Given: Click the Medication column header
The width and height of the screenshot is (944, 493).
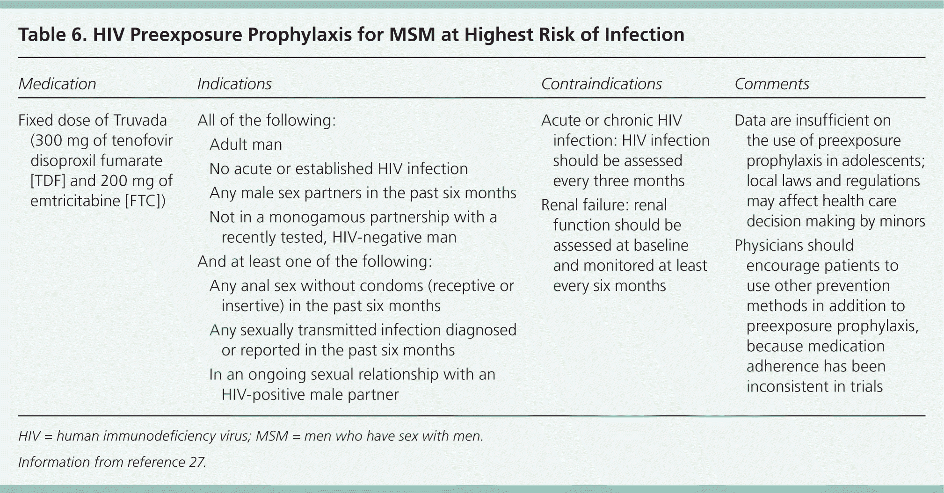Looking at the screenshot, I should tap(57, 84).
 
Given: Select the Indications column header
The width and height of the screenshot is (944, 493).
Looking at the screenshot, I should tap(234, 84).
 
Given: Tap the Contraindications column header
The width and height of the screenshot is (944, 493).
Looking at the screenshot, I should tap(601, 84).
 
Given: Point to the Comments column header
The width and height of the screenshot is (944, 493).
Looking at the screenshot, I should tap(771, 84).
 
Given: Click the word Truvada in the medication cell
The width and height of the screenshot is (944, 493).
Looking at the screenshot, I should tap(140, 121).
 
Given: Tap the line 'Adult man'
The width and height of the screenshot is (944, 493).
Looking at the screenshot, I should tap(246, 145).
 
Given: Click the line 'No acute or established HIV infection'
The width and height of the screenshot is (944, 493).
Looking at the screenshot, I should tap(338, 169).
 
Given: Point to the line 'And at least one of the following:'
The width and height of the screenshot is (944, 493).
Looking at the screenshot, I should tap(314, 261).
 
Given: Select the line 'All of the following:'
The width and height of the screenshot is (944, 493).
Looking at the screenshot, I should tap(266, 121).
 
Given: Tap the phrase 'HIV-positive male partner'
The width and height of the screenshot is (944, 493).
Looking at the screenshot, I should tap(310, 395).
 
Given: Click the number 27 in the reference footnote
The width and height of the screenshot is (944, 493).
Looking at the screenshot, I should tap(197, 462).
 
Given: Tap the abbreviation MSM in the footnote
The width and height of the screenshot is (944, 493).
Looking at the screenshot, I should tap(272, 436).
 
